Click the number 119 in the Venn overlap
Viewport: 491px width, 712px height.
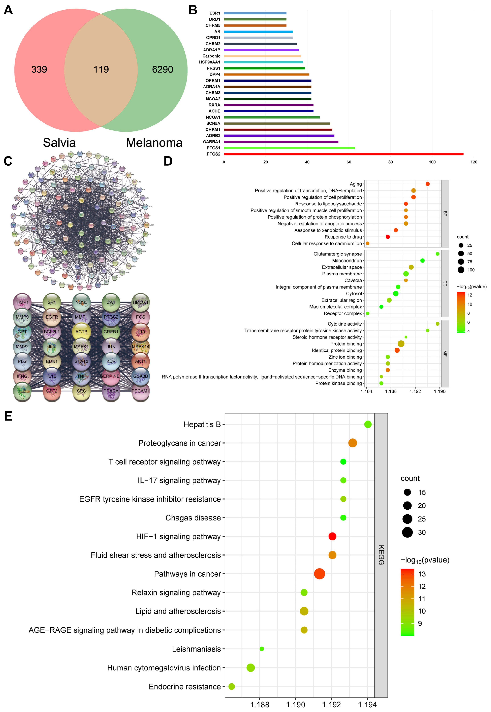click(x=101, y=69)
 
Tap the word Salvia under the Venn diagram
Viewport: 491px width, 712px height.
click(x=59, y=143)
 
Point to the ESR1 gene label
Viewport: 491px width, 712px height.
click(x=215, y=13)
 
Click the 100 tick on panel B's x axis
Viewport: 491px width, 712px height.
click(x=432, y=162)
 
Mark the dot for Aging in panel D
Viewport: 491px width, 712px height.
click(x=427, y=184)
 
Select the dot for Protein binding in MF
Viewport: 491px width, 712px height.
click(x=401, y=344)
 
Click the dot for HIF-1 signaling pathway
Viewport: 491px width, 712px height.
click(x=332, y=536)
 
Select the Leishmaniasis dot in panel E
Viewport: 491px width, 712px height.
click(x=262, y=649)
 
